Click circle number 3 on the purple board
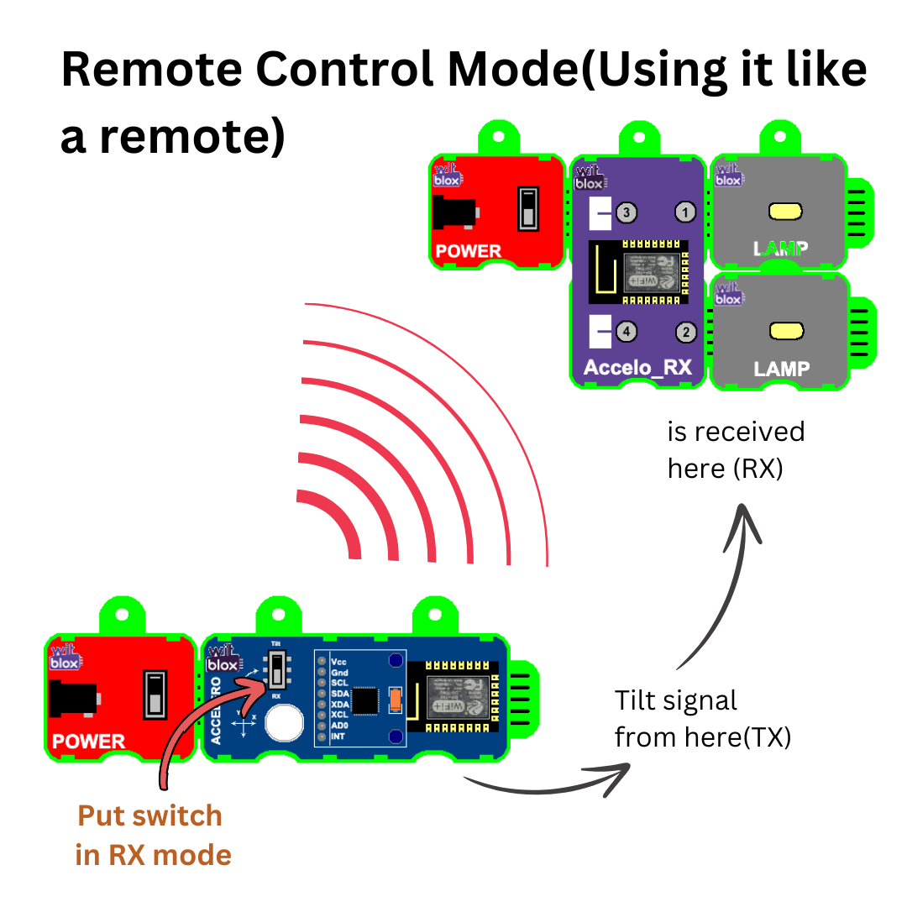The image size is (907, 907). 626,212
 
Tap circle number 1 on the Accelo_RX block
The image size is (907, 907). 686,212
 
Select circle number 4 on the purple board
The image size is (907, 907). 626,332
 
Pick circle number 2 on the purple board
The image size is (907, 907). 686,332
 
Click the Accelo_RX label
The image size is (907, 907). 637,368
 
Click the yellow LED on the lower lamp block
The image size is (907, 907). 786,331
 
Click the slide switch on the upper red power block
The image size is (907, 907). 528,207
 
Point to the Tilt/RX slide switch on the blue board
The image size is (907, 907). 275,669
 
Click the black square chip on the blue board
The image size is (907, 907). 365,700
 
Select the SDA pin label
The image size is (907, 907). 340,694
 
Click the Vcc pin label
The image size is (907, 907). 339,661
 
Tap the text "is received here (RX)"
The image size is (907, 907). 736,449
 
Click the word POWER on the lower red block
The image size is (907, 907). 88,742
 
